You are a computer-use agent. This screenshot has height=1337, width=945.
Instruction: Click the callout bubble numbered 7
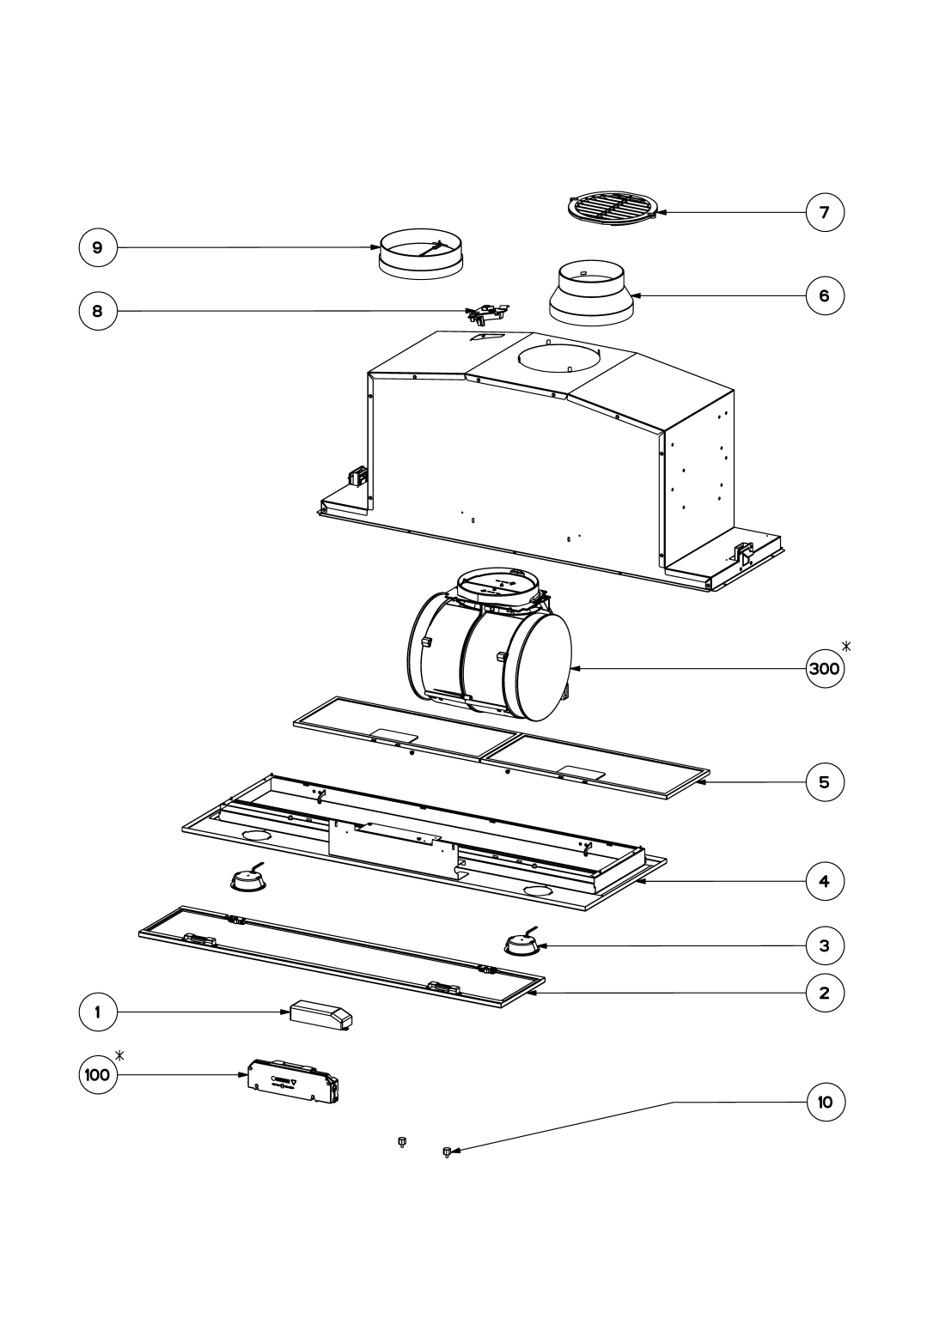click(825, 212)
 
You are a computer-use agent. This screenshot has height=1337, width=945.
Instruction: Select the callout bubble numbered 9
click(98, 247)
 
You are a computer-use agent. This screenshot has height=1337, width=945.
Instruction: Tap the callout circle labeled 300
click(825, 668)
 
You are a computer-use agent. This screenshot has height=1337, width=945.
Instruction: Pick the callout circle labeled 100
click(98, 1074)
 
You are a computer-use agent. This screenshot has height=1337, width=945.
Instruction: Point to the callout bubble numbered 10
click(825, 1102)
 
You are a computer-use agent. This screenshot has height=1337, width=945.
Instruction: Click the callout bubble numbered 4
click(825, 881)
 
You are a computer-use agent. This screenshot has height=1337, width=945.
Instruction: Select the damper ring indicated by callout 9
click(422, 253)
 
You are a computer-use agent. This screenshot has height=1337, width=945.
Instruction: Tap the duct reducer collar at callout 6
click(591, 293)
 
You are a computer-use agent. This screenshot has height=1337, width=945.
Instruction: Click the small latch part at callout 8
click(488, 313)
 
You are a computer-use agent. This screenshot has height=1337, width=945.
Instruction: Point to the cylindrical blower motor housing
click(490, 645)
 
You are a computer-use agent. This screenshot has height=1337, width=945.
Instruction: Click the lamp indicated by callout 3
click(523, 944)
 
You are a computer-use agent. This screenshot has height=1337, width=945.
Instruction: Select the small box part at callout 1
click(320, 1014)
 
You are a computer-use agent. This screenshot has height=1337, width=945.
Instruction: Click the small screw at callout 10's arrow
click(447, 1152)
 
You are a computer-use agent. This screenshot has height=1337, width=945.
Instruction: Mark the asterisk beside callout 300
click(846, 646)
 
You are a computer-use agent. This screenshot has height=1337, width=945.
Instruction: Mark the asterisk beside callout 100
click(120, 1055)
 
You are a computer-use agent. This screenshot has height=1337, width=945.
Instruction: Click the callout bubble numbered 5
click(825, 782)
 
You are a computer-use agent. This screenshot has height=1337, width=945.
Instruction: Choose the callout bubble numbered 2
click(825, 993)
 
